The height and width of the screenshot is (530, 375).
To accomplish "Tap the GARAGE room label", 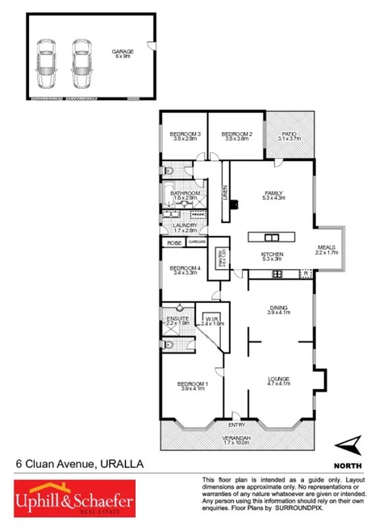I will pyautogui.click(x=123, y=55).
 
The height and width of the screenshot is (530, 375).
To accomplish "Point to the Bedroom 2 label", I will pyautogui.click(x=237, y=136).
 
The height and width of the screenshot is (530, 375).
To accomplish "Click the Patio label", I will pyautogui.click(x=288, y=136).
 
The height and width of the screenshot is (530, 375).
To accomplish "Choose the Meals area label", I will pyautogui.click(x=326, y=250).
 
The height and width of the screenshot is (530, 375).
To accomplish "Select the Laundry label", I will pyautogui.click(x=185, y=228).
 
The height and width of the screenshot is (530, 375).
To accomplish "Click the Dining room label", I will pyautogui.click(x=278, y=310).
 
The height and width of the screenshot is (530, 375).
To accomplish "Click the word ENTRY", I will pyautogui.click(x=236, y=424).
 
